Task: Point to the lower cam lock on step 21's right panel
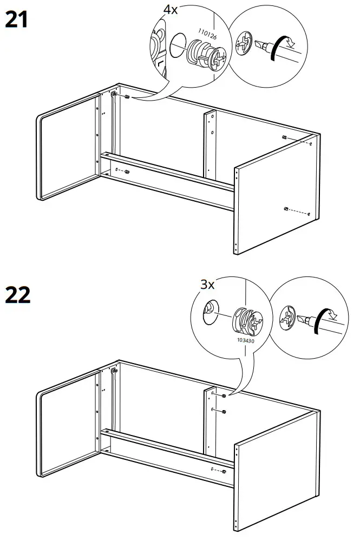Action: point(285,208)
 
